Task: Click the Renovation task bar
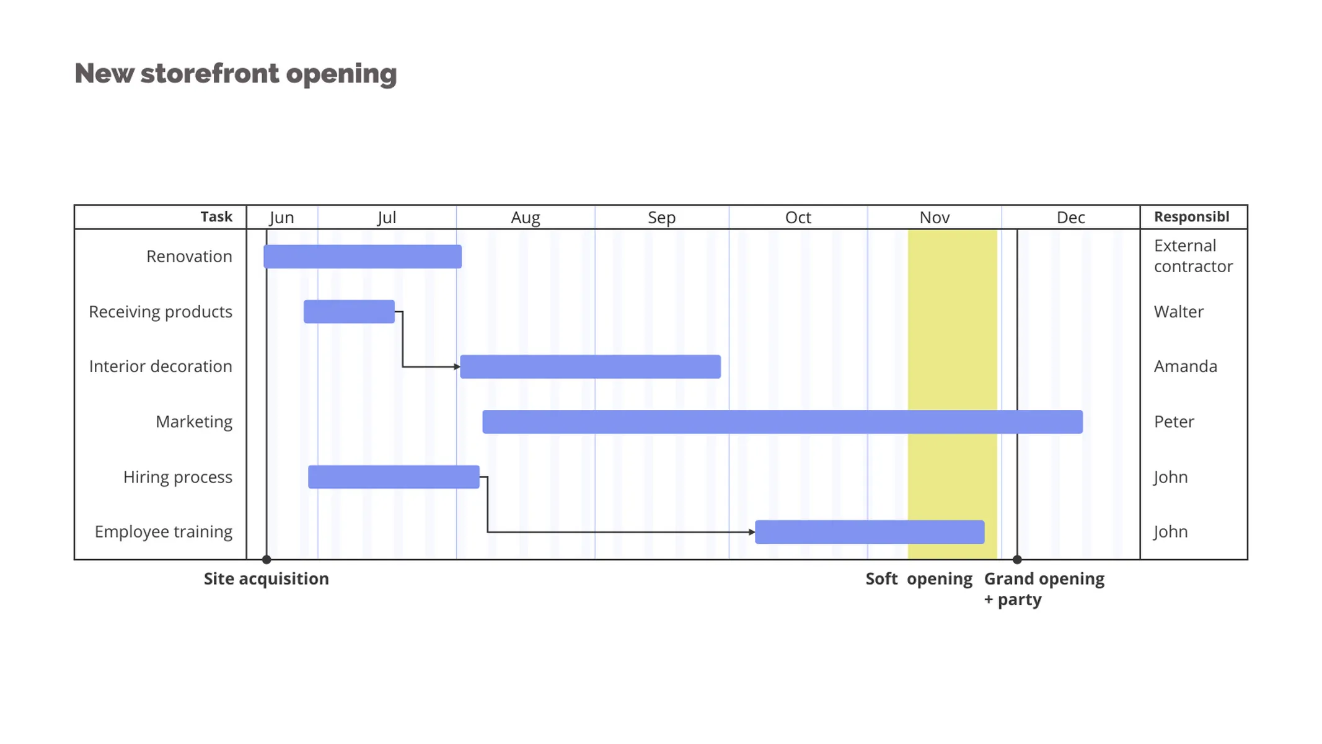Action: click(363, 257)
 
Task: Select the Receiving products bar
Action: click(349, 312)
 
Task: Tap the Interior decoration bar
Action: click(590, 367)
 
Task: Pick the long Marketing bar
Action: click(782, 422)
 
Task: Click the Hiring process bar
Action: click(394, 477)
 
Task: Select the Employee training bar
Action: click(870, 532)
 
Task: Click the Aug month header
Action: click(525, 218)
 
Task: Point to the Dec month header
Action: click(1070, 218)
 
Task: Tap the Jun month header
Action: click(282, 218)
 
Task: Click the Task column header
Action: click(216, 217)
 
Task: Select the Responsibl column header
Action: click(1191, 217)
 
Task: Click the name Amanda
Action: click(1185, 366)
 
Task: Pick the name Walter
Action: click(1178, 312)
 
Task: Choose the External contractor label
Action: click(1192, 256)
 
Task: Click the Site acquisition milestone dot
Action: click(267, 560)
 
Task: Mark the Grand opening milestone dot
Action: click(1017, 560)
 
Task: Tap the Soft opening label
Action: click(919, 579)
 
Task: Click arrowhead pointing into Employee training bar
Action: click(752, 532)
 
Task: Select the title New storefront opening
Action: click(236, 74)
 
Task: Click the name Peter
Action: click(1173, 422)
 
